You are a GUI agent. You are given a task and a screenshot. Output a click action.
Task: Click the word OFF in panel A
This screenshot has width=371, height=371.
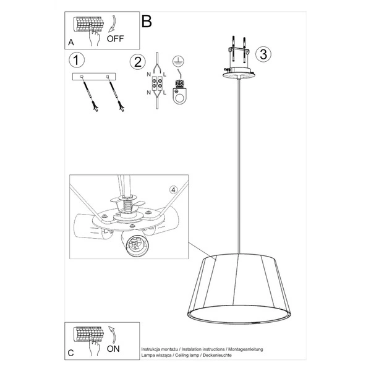116,38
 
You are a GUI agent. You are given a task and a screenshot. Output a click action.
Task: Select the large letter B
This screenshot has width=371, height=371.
147,21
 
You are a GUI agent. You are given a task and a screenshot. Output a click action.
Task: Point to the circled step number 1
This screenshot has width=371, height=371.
76,60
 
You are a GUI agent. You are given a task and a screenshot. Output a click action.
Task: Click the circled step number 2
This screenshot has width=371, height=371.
137,62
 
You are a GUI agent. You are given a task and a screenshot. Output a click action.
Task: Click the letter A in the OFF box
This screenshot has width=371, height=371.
70,43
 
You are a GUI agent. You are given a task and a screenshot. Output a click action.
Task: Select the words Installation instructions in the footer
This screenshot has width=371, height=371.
200,349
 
